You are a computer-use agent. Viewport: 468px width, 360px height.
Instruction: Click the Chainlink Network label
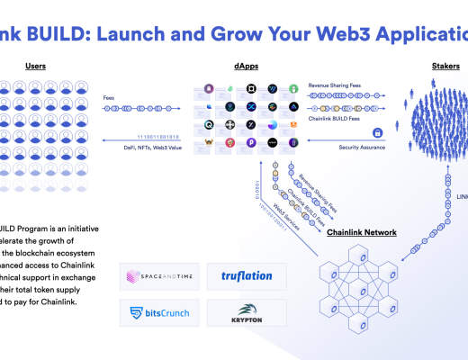coord(361,232)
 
